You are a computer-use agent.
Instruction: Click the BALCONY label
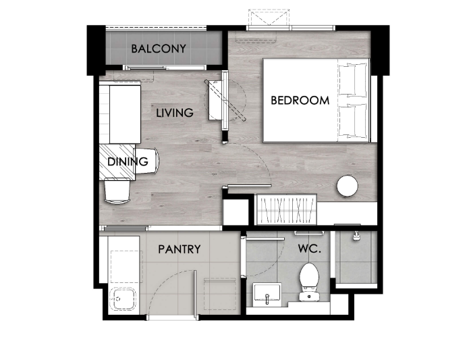[x=159, y=49]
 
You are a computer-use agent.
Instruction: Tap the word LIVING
[x=175, y=113]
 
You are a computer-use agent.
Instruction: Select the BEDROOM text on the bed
[x=300, y=100]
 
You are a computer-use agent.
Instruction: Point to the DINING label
[x=128, y=161]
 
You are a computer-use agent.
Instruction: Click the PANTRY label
[x=180, y=249]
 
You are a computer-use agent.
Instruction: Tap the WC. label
[x=310, y=249]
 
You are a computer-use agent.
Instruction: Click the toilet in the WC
[x=309, y=282]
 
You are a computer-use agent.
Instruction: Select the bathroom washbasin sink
[x=267, y=292]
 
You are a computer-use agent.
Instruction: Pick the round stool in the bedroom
[x=347, y=186]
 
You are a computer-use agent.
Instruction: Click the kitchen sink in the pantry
[x=123, y=299]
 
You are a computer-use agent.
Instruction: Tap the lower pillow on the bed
[x=352, y=120]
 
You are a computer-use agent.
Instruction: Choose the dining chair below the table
[x=117, y=190]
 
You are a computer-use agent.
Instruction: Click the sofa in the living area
[x=120, y=114]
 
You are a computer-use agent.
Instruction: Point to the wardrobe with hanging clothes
[x=286, y=210]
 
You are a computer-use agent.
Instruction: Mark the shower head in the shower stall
[x=356, y=236]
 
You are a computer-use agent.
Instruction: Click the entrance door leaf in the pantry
[x=195, y=294]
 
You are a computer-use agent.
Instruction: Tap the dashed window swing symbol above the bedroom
[x=269, y=18]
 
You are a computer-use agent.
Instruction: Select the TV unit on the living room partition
[x=215, y=100]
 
